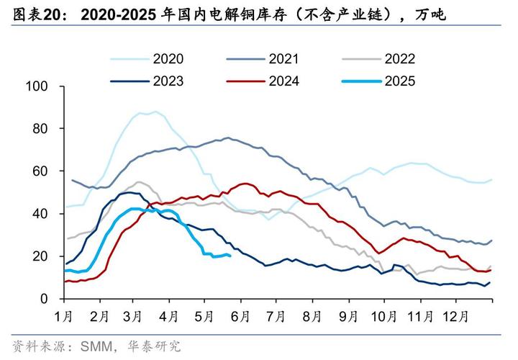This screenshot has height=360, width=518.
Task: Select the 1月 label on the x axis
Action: coord(63,315)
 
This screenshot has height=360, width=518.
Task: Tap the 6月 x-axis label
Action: coord(241,315)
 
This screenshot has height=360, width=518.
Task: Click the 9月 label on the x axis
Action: coord(348,315)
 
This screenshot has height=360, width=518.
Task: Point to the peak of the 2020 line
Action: coord(154,112)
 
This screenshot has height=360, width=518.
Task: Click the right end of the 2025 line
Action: coord(230,255)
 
